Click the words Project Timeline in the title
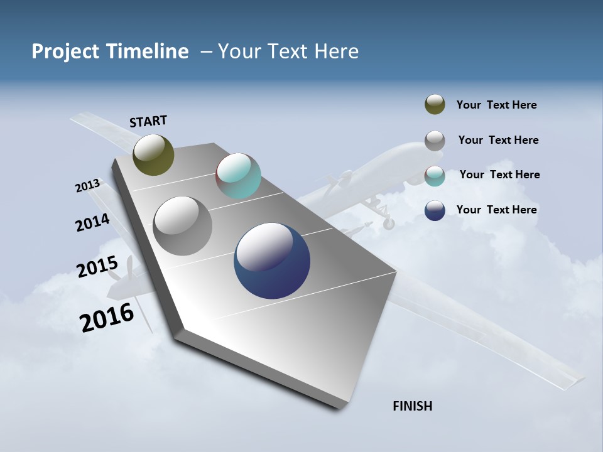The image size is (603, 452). point(110,51)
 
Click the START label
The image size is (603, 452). point(148,121)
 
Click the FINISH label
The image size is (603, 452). point(412,406)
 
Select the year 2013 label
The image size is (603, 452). point(87,186)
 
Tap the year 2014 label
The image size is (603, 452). point(92,223)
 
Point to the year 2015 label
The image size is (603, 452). point(97,267)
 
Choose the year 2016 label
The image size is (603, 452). point(107,317)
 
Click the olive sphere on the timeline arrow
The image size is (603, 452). point(153,154)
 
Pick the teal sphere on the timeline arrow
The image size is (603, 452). point(238,176)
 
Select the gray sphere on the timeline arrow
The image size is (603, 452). point(183,225)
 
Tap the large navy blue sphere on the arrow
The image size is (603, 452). point(272,261)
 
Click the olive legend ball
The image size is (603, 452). point(435,105)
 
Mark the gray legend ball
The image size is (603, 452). point(435,141)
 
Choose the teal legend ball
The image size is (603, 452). point(435,175)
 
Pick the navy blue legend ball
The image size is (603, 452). point(435,210)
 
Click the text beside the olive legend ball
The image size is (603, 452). point(496,105)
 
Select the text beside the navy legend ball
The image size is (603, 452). point(496,210)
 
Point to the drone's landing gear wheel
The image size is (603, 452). point(389,223)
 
